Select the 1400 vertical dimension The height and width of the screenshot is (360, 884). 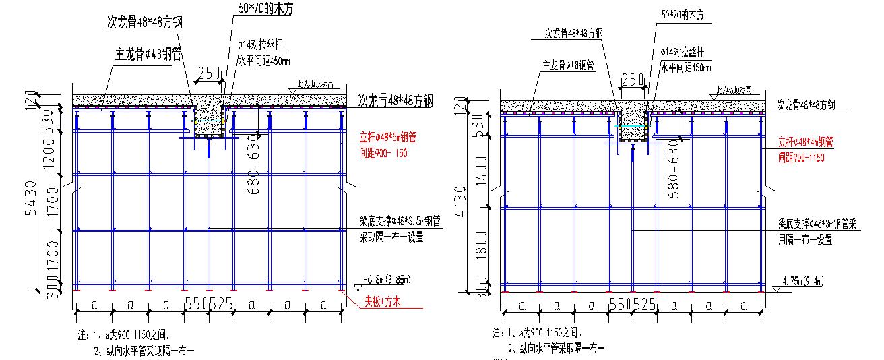[480, 171]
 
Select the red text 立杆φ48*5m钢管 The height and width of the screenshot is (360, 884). [388, 138]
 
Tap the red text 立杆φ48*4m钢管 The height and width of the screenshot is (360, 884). [806, 142]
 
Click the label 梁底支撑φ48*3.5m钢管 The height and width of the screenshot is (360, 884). [400, 220]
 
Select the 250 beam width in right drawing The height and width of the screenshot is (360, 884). [633, 80]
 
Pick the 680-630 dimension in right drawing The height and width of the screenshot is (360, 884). [672, 172]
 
